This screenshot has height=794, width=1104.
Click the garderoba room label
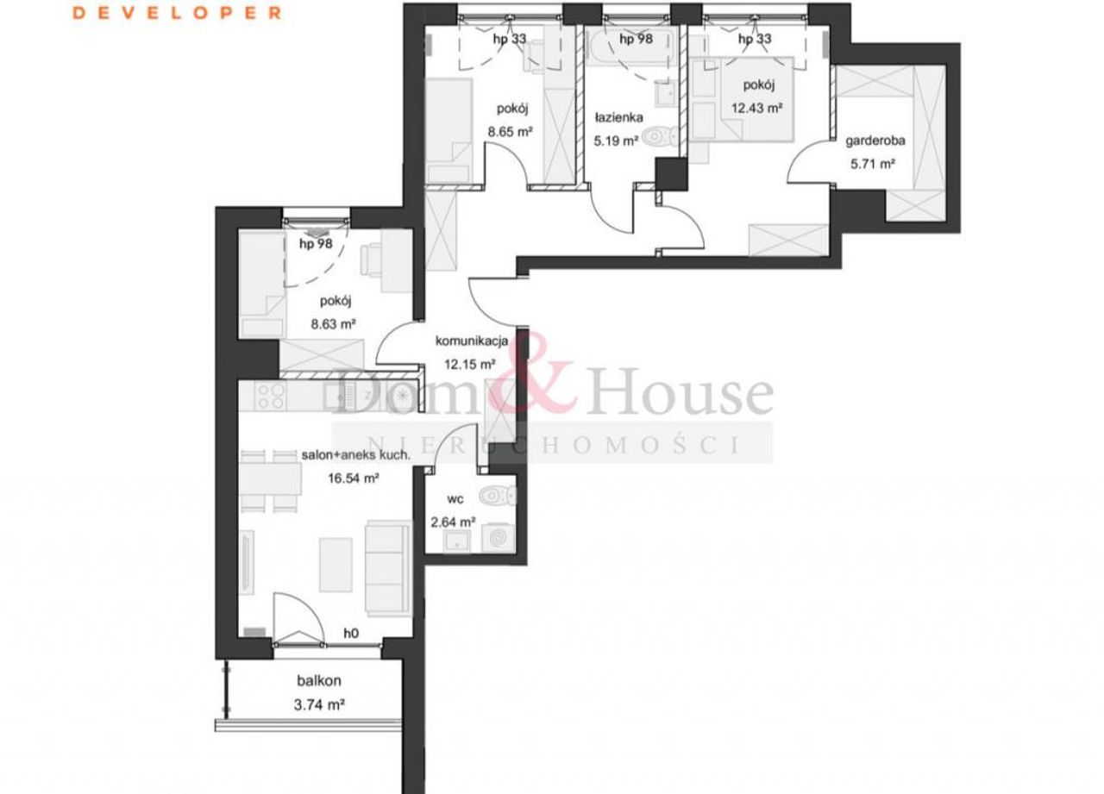(875, 141)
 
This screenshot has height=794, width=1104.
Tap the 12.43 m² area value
(757, 108)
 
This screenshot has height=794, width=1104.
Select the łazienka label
(618, 118)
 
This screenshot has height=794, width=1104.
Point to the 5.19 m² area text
(616, 141)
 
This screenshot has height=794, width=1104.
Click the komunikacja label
(472, 341)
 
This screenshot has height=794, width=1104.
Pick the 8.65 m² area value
(510, 132)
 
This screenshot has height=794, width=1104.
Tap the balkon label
(319, 681)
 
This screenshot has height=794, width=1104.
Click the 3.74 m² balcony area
(319, 705)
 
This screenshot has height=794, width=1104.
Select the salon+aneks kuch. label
(355, 455)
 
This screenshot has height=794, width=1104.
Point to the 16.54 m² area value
(354, 478)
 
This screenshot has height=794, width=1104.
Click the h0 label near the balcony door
(351, 633)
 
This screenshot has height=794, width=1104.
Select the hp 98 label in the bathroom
(637, 39)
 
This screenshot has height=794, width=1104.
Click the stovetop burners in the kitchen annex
(271, 397)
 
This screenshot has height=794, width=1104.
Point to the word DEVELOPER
(177, 13)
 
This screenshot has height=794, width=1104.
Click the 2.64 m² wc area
(453, 522)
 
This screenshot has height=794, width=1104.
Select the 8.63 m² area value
(333, 324)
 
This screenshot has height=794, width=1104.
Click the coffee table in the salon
(336, 565)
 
